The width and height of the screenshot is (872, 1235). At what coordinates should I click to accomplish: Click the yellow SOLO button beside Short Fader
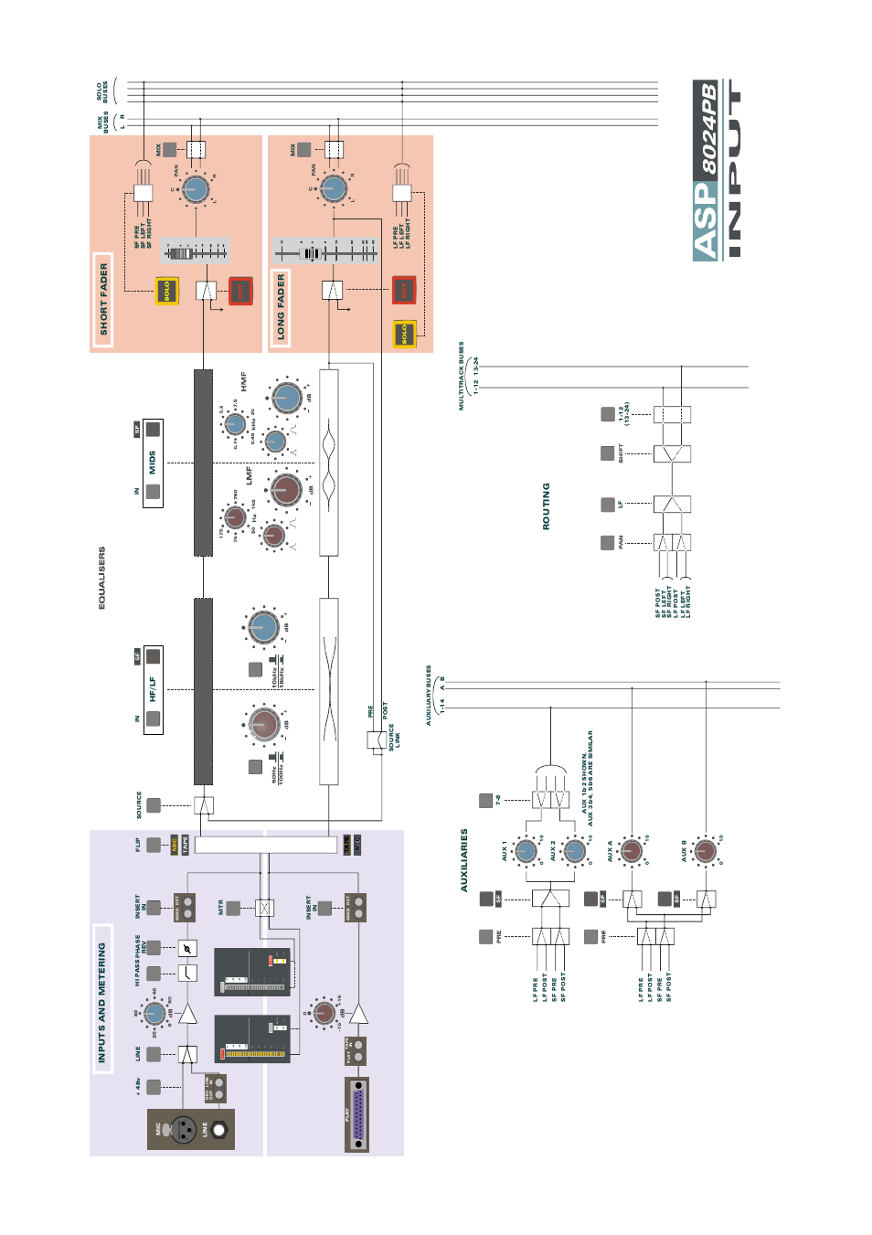click(x=167, y=291)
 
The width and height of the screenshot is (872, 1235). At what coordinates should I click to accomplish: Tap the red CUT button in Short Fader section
click(x=240, y=291)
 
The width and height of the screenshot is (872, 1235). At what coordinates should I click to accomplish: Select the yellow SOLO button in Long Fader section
click(x=404, y=334)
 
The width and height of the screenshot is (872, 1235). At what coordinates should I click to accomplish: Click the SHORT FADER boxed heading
click(x=103, y=300)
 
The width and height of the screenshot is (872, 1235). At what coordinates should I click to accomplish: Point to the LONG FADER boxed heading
click(x=281, y=307)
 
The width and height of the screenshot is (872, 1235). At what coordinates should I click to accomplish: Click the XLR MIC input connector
click(x=184, y=1129)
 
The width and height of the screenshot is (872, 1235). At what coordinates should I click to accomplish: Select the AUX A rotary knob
click(x=632, y=850)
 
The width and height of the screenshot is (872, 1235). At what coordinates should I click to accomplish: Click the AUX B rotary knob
click(x=705, y=851)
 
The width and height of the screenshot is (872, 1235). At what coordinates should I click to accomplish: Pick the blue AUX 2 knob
click(x=574, y=851)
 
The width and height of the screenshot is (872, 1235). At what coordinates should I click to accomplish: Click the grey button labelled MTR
click(x=233, y=908)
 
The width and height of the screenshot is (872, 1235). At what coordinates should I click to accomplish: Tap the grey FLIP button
click(x=154, y=845)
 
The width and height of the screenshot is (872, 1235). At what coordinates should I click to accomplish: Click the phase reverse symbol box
click(x=187, y=948)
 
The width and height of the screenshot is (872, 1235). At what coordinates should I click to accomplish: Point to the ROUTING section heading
click(x=547, y=506)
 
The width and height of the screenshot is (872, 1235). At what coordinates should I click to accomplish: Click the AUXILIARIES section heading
click(x=464, y=860)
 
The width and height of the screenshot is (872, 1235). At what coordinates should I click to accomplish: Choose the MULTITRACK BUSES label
click(x=462, y=376)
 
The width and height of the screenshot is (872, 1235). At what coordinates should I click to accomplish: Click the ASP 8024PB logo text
click(x=707, y=170)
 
